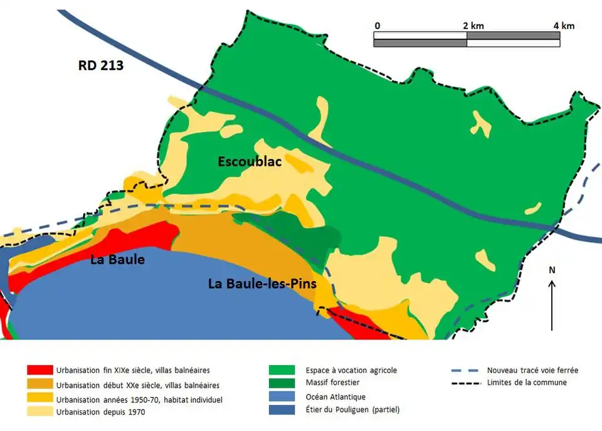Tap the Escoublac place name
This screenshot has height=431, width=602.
[x=250, y=161]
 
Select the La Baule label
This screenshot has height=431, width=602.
[x=117, y=259]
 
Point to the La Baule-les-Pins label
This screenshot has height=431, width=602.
[x=262, y=284]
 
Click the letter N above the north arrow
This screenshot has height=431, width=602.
[x=552, y=270]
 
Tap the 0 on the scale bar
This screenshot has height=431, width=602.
[x=377, y=26]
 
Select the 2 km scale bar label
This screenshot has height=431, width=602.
[x=473, y=26]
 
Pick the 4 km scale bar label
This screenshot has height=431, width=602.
[x=564, y=26]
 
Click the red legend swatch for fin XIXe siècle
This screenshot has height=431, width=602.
[x=39, y=370]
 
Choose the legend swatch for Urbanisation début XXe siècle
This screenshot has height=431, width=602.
[x=39, y=385]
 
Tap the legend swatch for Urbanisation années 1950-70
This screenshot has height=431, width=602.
[x=39, y=399]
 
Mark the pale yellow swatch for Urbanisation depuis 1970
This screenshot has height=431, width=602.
[x=39, y=412]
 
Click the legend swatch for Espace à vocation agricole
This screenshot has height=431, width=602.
[x=281, y=370]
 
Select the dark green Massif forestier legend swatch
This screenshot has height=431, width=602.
[x=281, y=383]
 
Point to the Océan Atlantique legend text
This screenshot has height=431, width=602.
[x=335, y=396]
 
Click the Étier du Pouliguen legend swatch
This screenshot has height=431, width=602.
[x=281, y=410]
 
